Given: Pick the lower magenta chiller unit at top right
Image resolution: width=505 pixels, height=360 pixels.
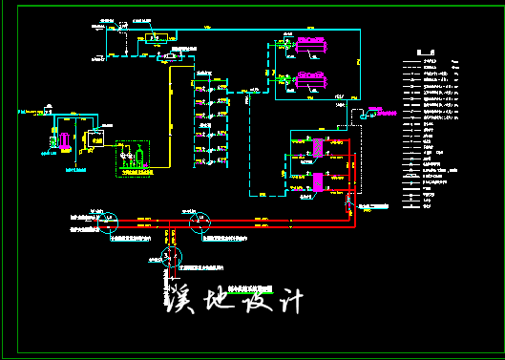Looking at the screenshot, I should [x=311, y=81].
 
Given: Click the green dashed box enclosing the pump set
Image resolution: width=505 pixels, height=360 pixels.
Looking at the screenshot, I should [x=133, y=159].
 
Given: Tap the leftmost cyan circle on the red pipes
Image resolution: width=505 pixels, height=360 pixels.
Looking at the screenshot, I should [x=108, y=222].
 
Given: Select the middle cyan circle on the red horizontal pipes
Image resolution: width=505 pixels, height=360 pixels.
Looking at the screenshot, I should [x=200, y=222].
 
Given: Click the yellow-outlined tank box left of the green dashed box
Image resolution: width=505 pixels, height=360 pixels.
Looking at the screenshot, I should [x=95, y=139].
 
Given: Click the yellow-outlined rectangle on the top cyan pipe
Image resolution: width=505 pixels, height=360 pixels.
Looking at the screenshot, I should [x=155, y=38].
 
